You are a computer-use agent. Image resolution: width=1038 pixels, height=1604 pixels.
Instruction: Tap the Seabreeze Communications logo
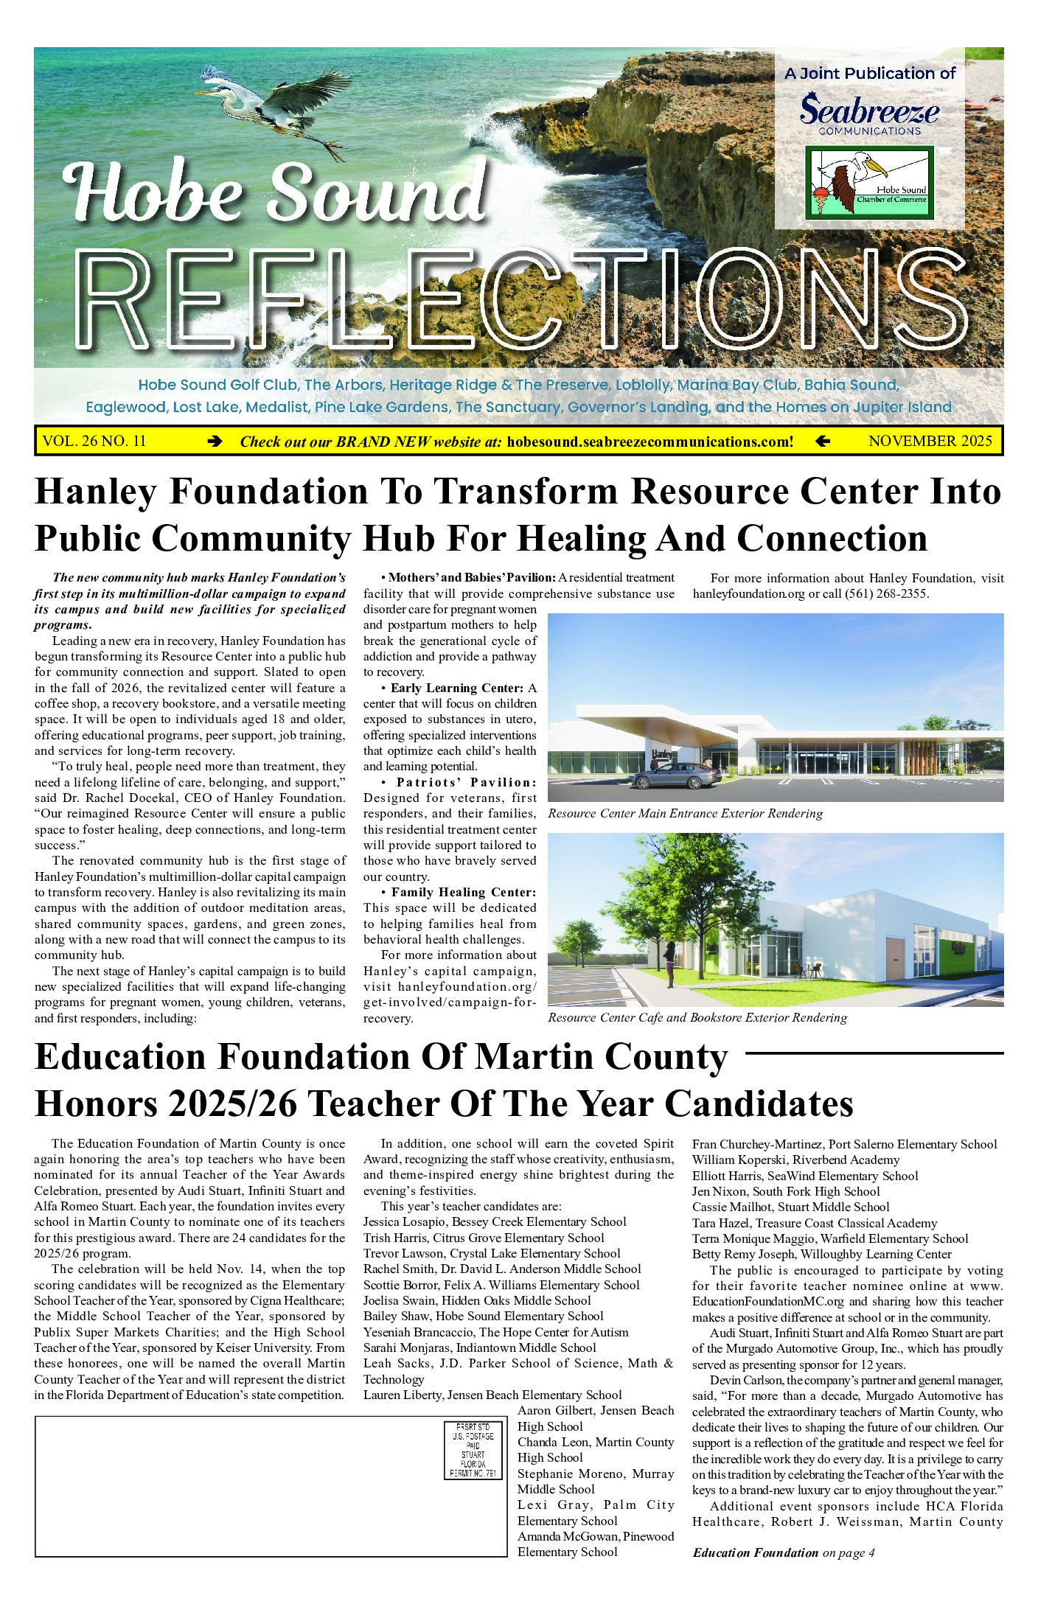pos(870,115)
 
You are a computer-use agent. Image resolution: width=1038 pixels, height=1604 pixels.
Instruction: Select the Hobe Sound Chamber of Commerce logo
pos(869,182)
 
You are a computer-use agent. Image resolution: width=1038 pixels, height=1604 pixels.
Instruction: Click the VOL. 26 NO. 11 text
pos(94,441)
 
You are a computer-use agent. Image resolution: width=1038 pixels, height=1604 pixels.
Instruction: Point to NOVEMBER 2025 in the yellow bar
pos(930,441)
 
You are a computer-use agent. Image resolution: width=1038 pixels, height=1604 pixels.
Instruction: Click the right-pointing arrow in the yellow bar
pos(215,442)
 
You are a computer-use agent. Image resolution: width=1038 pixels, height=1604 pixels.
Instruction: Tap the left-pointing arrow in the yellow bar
pos(823,442)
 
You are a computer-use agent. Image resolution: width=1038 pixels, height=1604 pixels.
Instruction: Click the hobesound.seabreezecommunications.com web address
pos(650,442)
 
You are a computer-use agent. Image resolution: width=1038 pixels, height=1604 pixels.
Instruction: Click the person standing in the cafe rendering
pos(669,964)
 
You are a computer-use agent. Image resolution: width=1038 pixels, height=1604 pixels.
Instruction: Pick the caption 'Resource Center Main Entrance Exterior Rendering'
pos(685,813)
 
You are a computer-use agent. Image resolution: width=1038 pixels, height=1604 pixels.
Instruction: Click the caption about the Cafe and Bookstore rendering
pos(697,1017)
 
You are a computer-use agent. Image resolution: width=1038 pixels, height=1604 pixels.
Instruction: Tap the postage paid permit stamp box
pos(473,1450)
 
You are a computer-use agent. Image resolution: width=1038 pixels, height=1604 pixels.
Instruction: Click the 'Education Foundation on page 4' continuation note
pos(783,1552)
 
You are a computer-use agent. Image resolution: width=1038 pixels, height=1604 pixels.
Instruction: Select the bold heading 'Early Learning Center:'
pos(457,688)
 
